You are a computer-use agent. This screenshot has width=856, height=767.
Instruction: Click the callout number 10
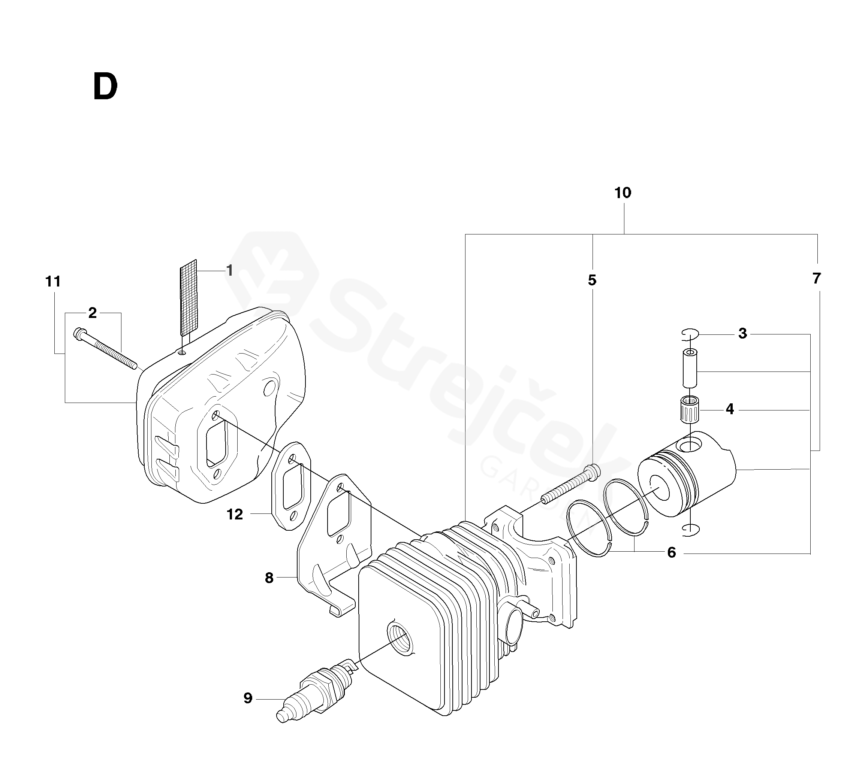pos(623,193)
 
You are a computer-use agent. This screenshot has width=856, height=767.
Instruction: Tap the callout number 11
pos(53,281)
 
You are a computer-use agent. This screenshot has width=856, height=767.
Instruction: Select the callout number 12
pos(235,514)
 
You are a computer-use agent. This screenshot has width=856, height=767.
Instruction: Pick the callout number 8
pos(269,578)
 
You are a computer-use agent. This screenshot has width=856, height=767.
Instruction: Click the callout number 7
pos(816,279)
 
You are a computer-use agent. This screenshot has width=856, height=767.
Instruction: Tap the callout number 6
pos(672,552)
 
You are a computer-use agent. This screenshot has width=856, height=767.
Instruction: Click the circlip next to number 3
pos(690,334)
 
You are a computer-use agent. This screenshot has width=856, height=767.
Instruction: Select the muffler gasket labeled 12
pos(291,485)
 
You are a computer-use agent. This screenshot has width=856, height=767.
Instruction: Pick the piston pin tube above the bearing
pos(690,367)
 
